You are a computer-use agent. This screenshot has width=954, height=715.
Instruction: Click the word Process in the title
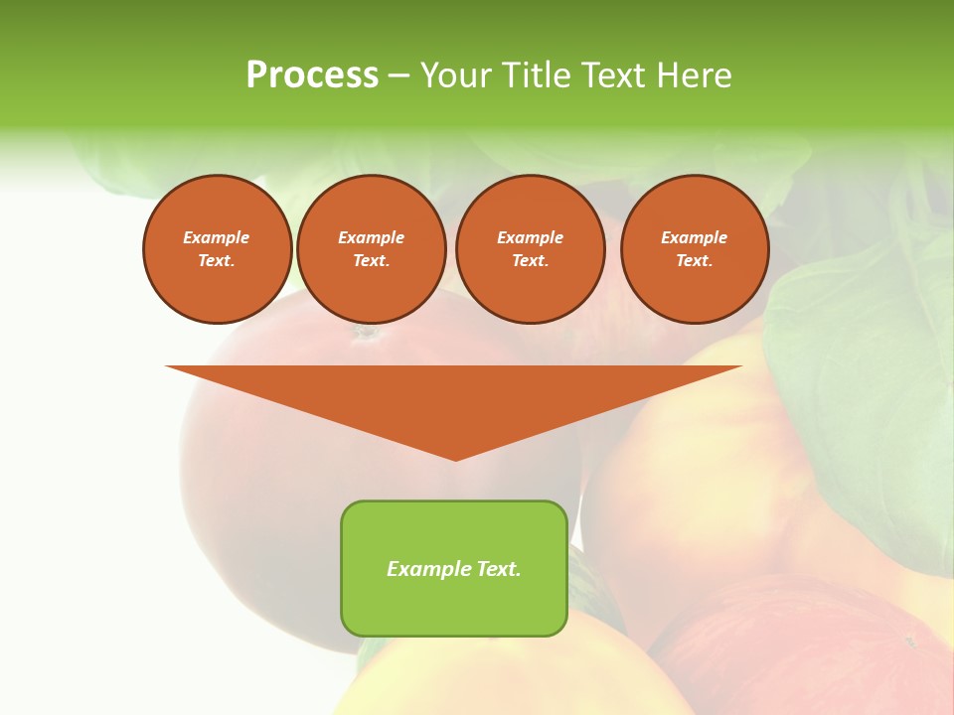coord(312,75)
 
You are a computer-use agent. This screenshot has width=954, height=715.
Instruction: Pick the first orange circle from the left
coord(217,249)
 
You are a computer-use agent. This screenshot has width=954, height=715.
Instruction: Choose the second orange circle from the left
coord(372,249)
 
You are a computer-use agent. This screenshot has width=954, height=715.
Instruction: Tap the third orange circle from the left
coord(530,249)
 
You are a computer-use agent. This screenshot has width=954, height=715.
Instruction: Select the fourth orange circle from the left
coord(695,249)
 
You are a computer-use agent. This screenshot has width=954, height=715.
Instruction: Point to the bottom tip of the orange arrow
coord(455,458)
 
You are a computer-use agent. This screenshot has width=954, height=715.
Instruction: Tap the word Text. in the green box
coord(498,569)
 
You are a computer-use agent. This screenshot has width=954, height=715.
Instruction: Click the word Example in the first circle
coord(217,237)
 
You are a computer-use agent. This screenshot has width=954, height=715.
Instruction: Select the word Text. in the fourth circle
coord(695,261)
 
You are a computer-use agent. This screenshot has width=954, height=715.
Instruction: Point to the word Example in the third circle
coord(530,237)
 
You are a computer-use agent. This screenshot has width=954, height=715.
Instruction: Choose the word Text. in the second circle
coord(372,261)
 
